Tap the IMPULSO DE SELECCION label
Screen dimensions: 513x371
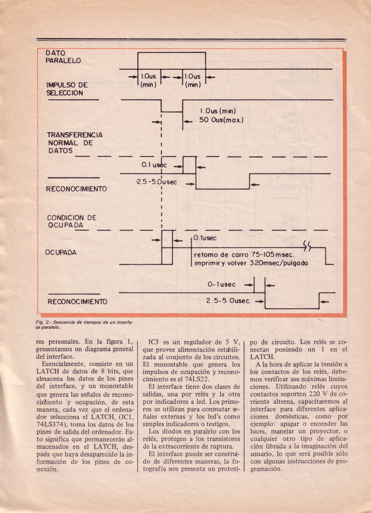(66, 89)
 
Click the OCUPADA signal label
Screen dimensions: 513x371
(61, 253)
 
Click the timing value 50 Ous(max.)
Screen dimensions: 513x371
(221, 120)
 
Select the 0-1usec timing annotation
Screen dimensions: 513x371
(221, 285)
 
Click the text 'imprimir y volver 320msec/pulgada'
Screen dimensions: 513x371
(251, 263)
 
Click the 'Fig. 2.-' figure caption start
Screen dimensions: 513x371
(44, 323)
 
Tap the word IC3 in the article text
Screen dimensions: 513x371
(155, 342)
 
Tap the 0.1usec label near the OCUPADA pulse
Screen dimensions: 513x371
(205, 238)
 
